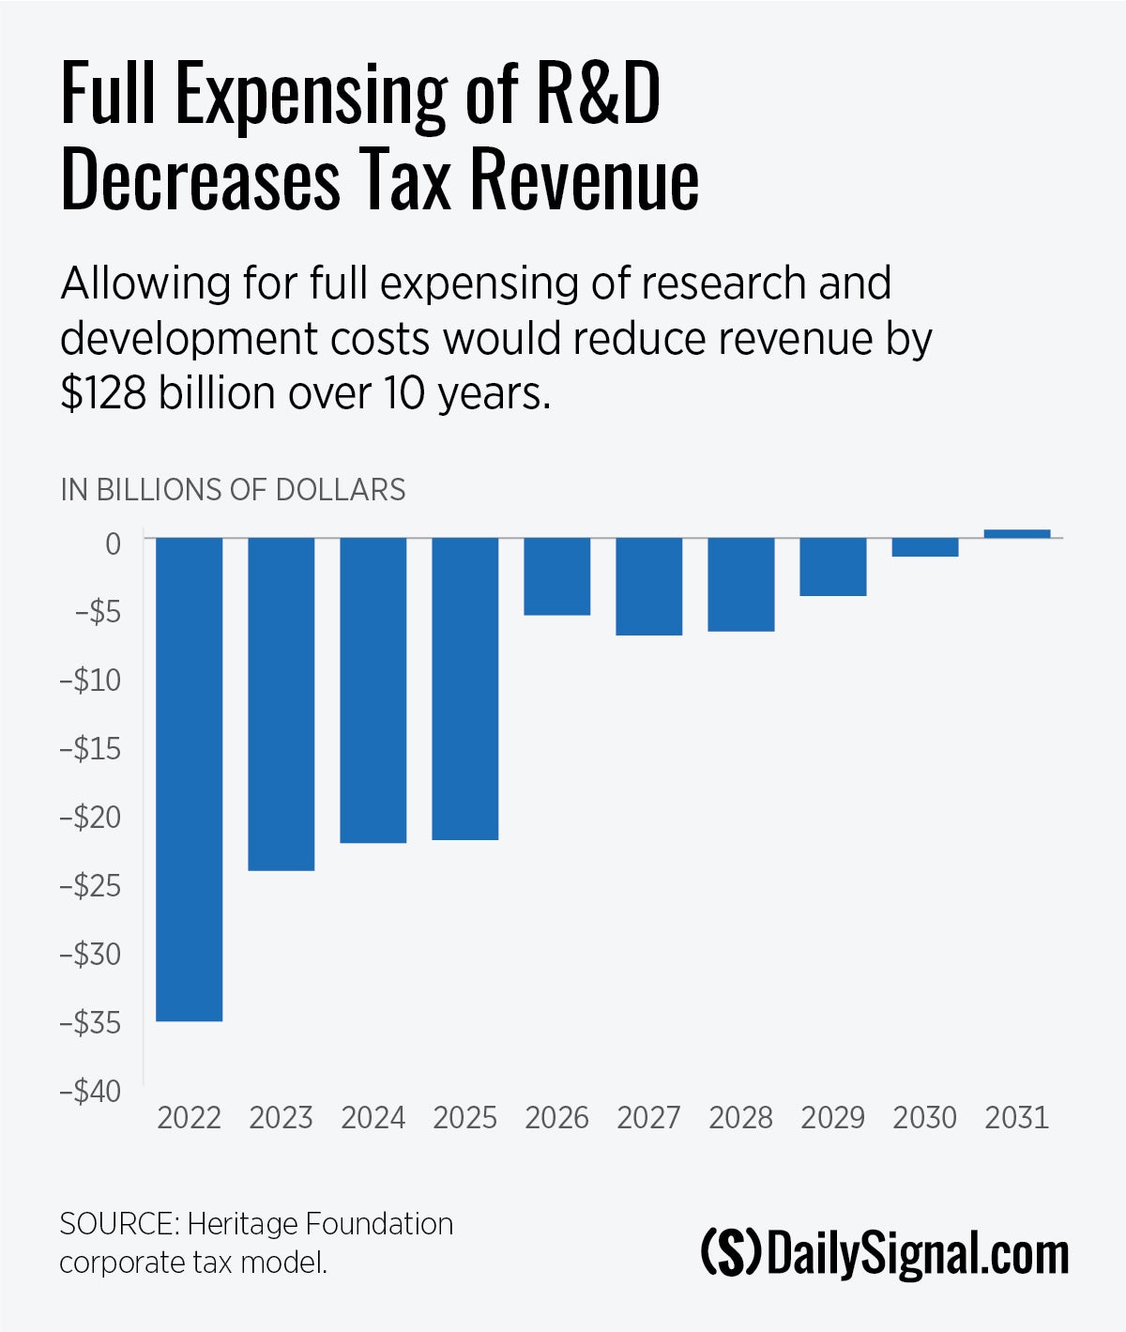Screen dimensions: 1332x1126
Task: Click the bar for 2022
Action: pos(189,778)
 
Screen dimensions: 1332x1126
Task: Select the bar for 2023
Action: pos(281,703)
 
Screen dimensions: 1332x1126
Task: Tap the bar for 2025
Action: pos(464,688)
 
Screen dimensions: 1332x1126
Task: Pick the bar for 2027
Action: pos(648,586)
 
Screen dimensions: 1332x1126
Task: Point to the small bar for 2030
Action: pos(924,547)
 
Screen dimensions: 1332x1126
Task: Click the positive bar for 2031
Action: pos(1016,533)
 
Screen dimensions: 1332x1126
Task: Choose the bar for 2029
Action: pos(832,566)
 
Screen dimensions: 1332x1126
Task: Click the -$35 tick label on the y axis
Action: pos(90,1022)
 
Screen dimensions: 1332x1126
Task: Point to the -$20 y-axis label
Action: pos(90,817)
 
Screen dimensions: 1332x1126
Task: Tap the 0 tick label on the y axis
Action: pos(113,544)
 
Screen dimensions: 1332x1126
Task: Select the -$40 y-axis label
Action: pos(90,1091)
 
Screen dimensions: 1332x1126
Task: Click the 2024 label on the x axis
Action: pos(373,1118)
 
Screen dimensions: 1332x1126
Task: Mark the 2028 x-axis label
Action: pos(740,1118)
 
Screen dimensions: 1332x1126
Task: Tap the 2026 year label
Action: pos(556,1118)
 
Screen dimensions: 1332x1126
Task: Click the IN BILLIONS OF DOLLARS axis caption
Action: pos(233,490)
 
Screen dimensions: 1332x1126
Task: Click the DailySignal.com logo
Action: pos(885,1254)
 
